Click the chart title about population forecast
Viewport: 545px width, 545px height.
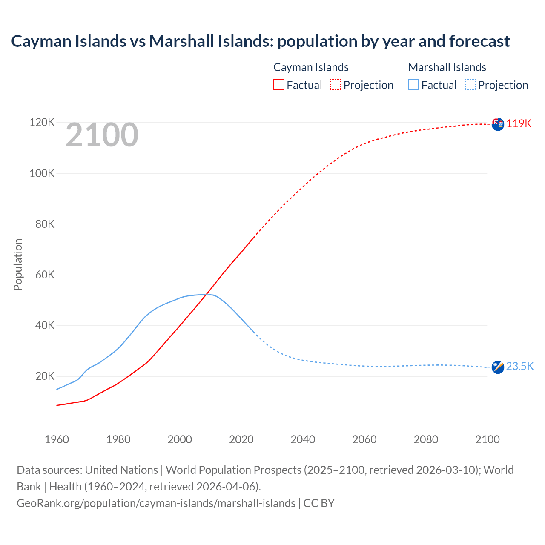[260, 41]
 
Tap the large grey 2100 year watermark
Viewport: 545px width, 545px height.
[102, 135]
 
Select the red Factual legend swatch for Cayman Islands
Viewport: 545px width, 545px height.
[279, 85]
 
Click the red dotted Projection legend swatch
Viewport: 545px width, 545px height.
[336, 85]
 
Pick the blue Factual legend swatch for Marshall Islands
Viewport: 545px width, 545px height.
[413, 85]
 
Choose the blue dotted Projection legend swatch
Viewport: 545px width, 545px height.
[470, 85]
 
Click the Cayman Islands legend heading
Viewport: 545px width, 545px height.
[311, 67]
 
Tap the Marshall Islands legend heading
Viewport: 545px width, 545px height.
[447, 67]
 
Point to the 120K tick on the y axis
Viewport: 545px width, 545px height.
[42, 123]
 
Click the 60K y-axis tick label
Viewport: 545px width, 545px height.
[45, 275]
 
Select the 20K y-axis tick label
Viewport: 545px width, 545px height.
[45, 376]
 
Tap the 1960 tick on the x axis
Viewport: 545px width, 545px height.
[57, 439]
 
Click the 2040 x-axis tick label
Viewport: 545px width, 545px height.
[303, 439]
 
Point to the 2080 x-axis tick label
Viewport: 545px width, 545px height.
[426, 439]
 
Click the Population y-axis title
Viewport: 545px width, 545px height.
[18, 264]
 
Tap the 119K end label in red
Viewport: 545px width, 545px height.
[519, 123]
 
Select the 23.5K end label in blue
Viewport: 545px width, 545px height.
[520, 366]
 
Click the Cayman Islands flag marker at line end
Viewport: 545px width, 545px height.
[498, 124]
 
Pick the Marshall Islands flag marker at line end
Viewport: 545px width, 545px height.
[498, 367]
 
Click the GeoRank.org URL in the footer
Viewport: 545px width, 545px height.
[156, 503]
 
